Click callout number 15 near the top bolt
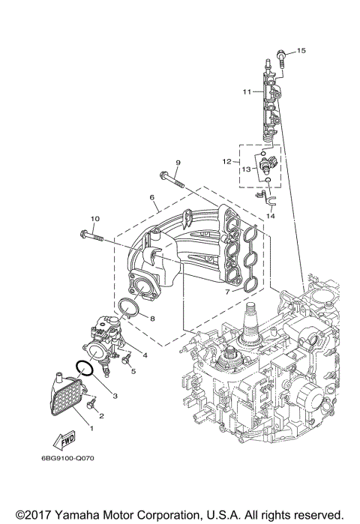301,50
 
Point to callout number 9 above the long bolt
178,163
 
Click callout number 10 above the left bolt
94,219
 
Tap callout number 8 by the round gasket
152,319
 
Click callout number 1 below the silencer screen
92,428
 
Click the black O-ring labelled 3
84,368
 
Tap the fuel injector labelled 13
268,164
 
